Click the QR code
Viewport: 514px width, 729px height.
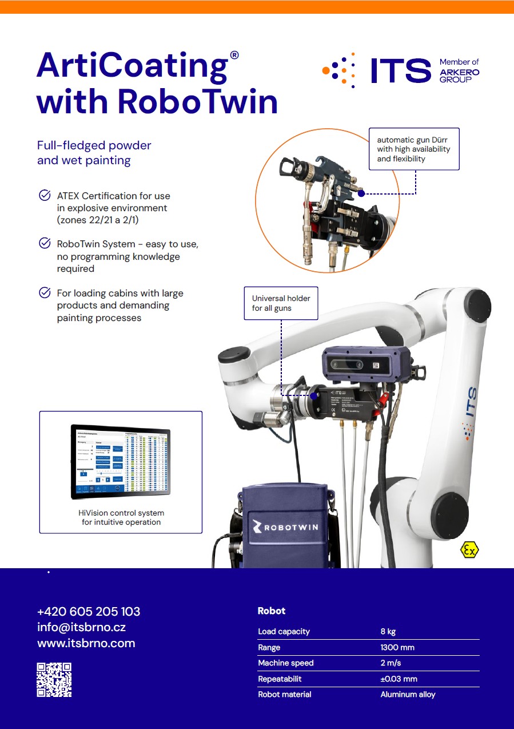coord(54,679)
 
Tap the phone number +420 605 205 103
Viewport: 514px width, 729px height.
coord(89,611)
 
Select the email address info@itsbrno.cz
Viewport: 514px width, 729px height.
coord(81,627)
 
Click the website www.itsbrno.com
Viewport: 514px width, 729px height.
coord(86,643)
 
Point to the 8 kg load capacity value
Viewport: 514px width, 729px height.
coord(388,632)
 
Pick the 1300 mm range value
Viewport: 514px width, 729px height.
coord(397,648)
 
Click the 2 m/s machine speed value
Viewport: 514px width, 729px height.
coord(391,663)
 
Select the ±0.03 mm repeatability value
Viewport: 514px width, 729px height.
coord(399,679)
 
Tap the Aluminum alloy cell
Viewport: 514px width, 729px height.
coord(408,695)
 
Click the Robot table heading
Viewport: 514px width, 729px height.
coord(272,611)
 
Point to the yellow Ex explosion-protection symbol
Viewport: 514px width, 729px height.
coord(469,550)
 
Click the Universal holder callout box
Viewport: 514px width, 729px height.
coord(281,303)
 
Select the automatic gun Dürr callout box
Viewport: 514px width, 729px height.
coord(413,149)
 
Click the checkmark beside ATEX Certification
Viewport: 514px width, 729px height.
coord(44,196)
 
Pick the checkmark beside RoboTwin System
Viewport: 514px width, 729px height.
coord(44,244)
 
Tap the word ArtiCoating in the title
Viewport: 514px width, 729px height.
coord(132,66)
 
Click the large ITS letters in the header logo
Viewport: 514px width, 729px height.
coord(400,70)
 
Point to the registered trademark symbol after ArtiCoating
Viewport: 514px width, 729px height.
coord(234,55)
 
